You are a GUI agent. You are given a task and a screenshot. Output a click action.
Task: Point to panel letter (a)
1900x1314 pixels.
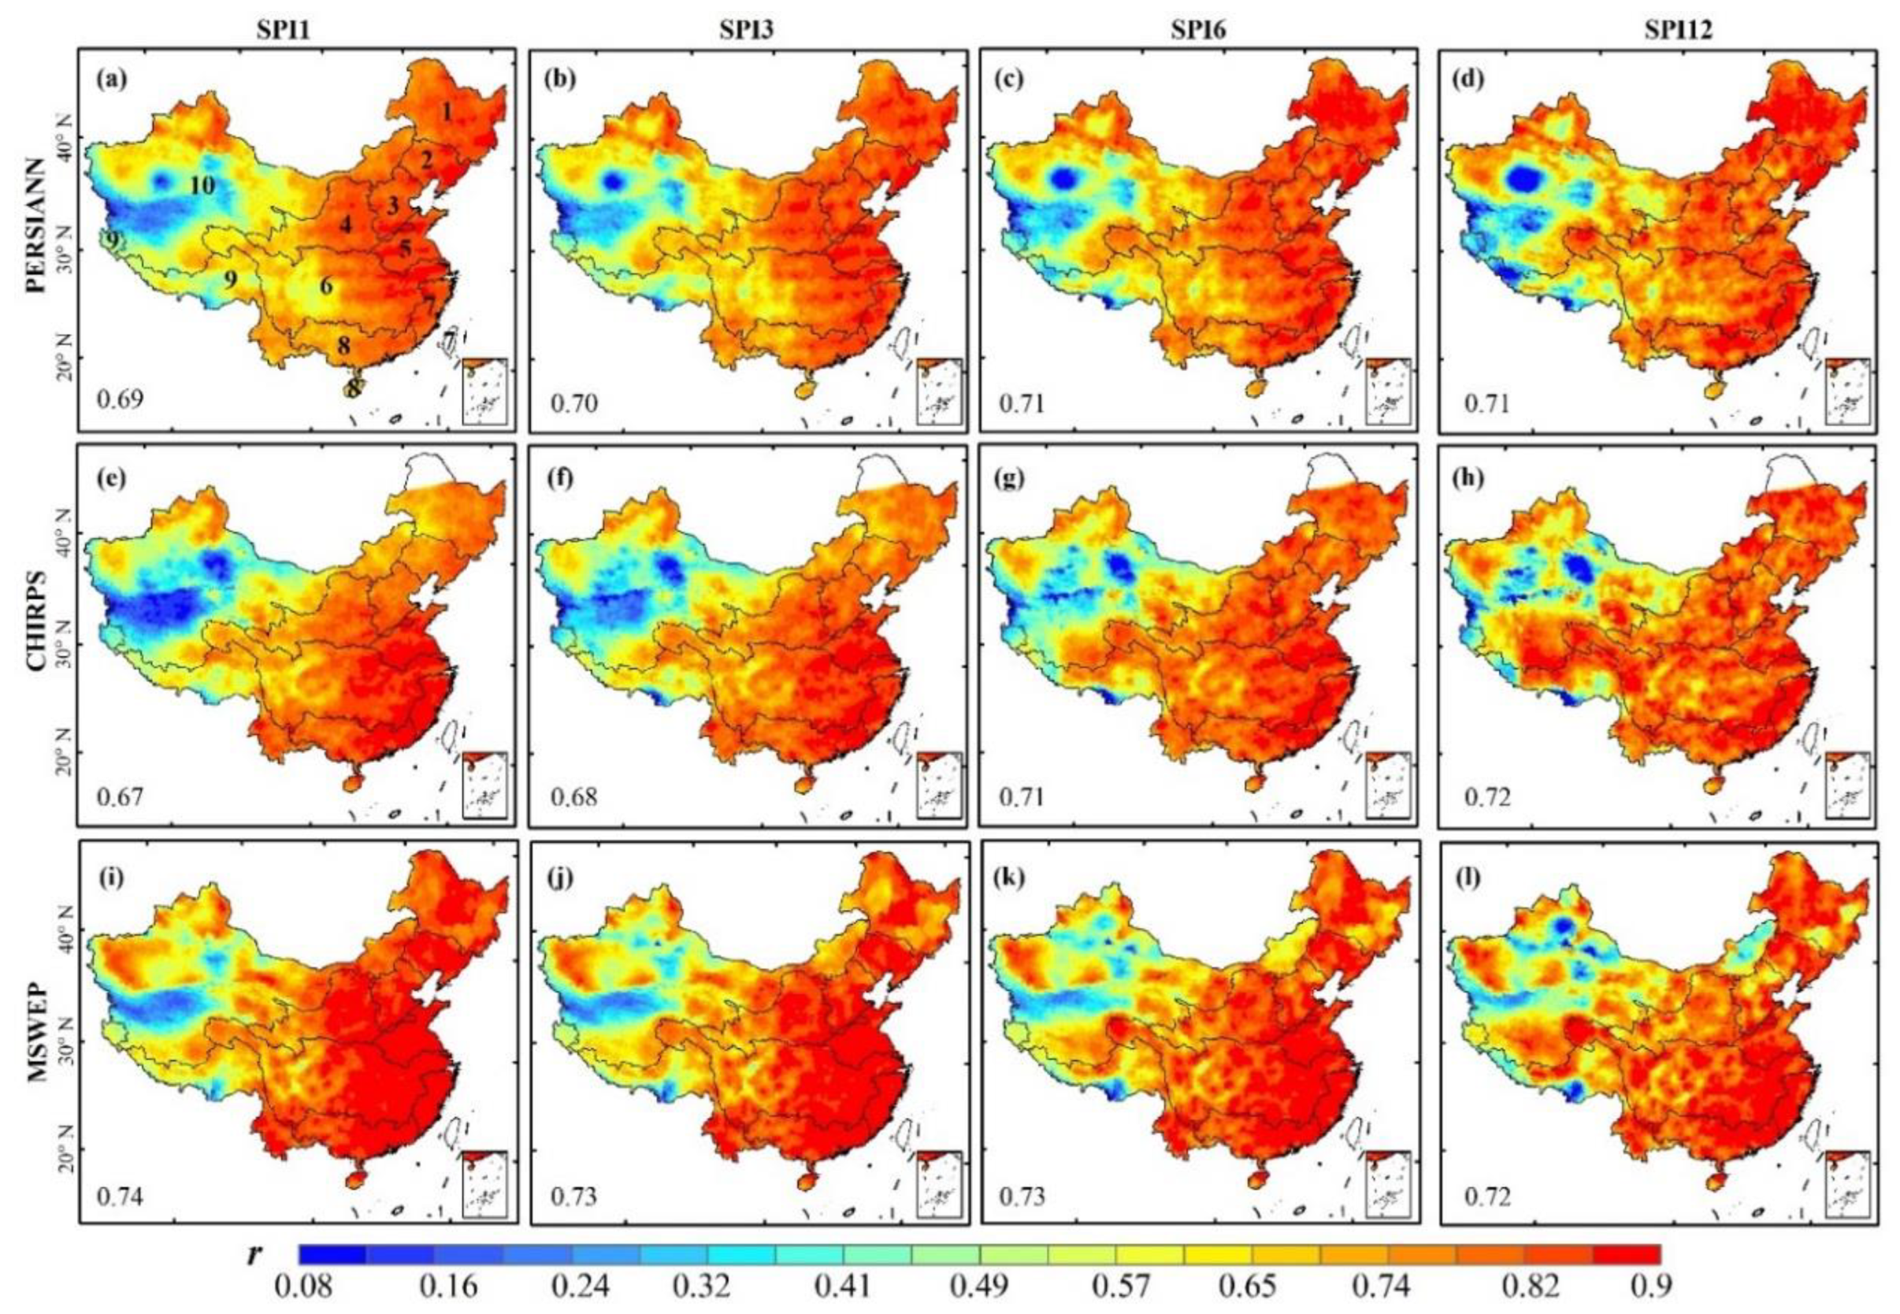pos(111,80)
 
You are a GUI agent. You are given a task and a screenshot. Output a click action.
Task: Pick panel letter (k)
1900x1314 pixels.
pos(1012,878)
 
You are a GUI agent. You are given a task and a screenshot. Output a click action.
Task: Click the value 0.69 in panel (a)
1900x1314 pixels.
pos(121,400)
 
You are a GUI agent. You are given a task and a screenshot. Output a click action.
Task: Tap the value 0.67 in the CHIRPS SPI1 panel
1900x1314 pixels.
pos(121,797)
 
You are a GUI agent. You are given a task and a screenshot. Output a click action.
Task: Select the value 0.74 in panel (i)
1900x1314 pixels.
pos(121,1197)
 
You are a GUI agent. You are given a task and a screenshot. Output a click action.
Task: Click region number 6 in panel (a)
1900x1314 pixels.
pos(327,288)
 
